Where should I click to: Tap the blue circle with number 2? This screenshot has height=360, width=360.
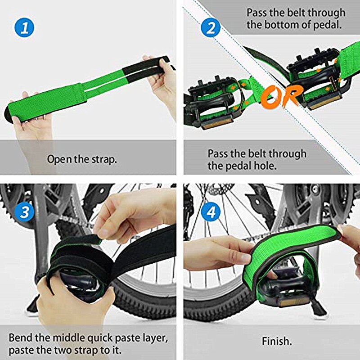[x=210, y=28]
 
